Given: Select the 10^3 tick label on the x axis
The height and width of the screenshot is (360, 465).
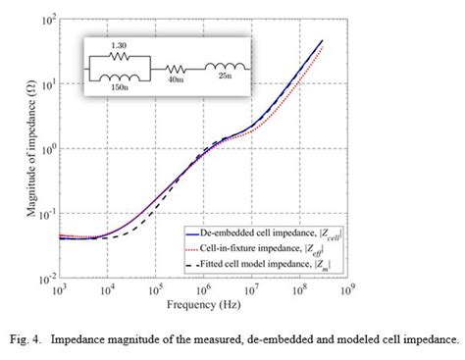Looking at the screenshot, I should click(x=59, y=291).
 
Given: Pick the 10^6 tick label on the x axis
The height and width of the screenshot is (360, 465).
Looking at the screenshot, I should click(x=204, y=291).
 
